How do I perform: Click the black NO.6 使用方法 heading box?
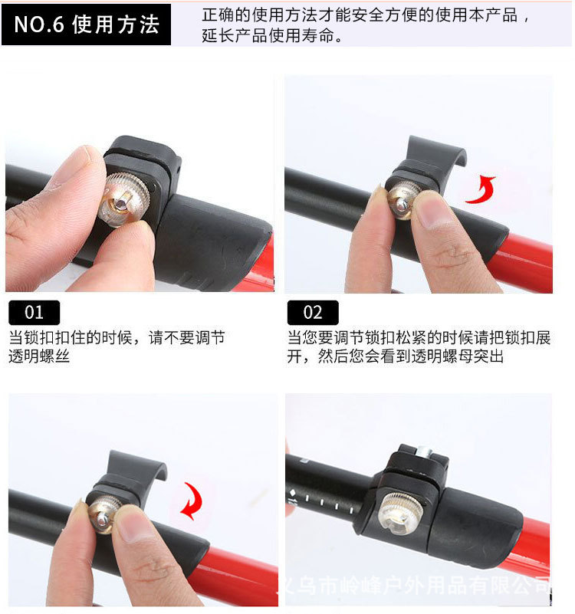[86, 25]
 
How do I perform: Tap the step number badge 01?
[34, 313]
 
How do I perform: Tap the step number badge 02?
[313, 313]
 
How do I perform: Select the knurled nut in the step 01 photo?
[126, 198]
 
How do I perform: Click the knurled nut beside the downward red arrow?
[107, 514]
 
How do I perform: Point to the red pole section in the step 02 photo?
[529, 261]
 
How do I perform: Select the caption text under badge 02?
[419, 347]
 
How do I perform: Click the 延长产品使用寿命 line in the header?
[272, 36]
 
